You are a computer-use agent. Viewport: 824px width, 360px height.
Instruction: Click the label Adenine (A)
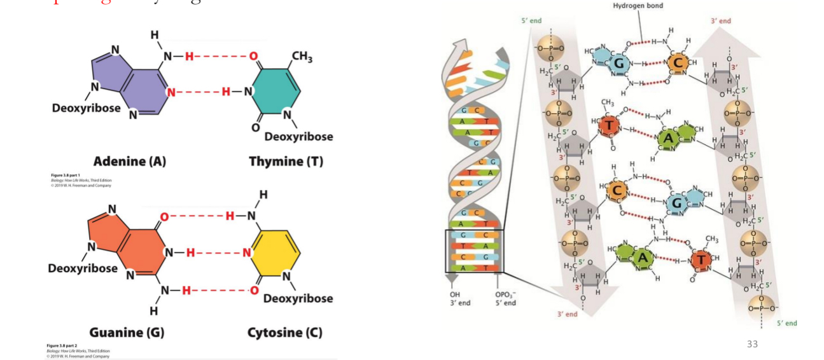pos(129,162)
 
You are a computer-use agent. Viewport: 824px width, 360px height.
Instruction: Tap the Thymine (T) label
pos(286,162)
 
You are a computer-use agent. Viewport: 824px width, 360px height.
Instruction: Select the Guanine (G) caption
pos(127,332)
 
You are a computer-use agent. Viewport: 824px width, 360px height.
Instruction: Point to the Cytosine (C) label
pos(284,332)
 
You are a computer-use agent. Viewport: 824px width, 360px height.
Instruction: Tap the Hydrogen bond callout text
pos(638,6)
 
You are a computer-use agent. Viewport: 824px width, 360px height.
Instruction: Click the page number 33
pos(752,344)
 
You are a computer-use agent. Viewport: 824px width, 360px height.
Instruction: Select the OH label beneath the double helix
pos(454,294)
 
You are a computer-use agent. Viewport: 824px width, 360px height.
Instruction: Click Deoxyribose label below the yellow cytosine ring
pos(298,298)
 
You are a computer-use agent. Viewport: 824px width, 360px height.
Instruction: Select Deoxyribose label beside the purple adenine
pos(86,107)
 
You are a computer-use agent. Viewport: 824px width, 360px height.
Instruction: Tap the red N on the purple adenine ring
pos(170,92)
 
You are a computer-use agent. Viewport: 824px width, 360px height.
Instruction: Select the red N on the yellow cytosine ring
pos(247,253)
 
